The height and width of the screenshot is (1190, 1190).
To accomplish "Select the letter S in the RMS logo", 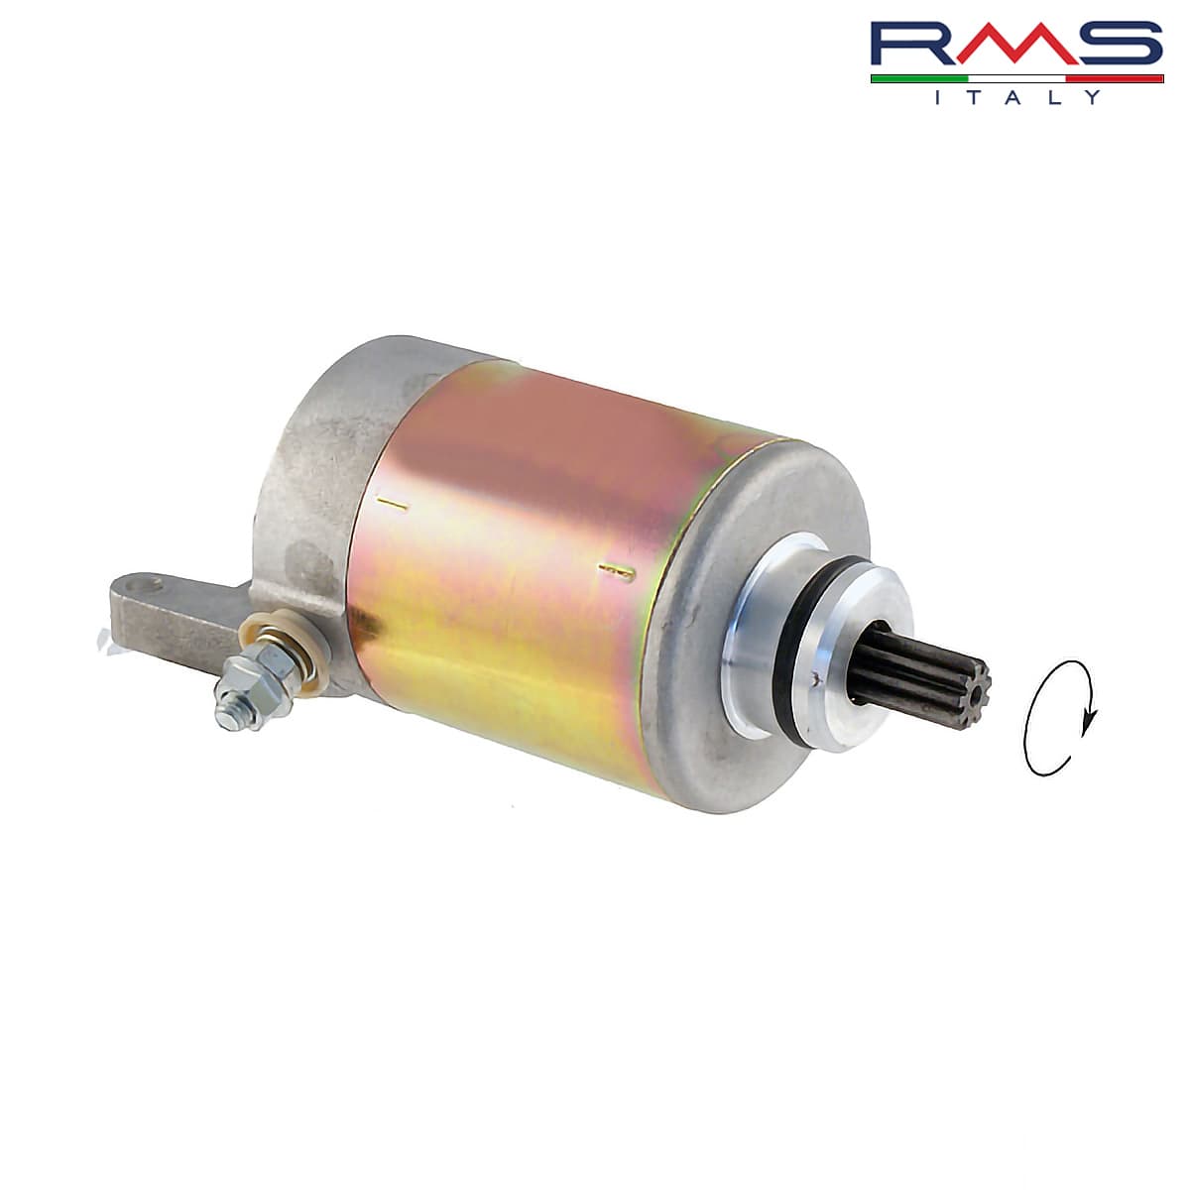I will [x=1120, y=46].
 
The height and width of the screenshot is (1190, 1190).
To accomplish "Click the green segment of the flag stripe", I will [x=918, y=78].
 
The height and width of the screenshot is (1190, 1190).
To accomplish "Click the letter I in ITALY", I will [x=938, y=97].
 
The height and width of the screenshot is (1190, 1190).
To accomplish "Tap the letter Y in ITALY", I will [x=1093, y=97].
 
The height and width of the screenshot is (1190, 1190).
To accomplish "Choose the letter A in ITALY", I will [x=1015, y=97].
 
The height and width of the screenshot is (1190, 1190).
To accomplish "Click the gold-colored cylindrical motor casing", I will [x=516, y=555].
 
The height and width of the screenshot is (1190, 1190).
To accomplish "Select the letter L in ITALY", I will [x=1055, y=97].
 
